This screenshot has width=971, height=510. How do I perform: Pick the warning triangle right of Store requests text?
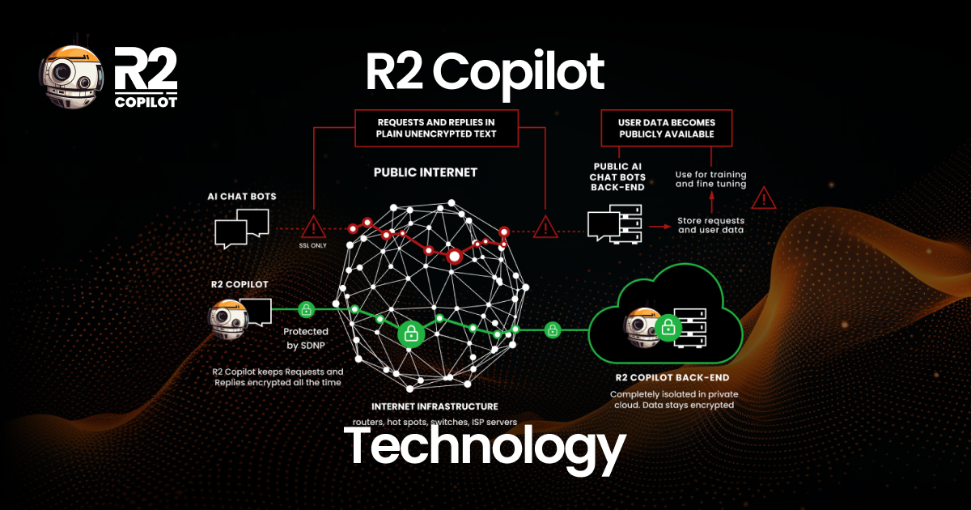[x=761, y=198]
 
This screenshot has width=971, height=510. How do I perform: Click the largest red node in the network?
[x=455, y=257]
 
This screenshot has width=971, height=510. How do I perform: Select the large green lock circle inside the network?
[x=410, y=332]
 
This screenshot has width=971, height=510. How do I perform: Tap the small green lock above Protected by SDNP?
[x=306, y=308]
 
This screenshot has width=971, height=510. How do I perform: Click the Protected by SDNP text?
[x=306, y=338]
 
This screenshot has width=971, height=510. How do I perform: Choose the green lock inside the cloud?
[x=668, y=328]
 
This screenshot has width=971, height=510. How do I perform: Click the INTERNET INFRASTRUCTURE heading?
[x=435, y=406]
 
